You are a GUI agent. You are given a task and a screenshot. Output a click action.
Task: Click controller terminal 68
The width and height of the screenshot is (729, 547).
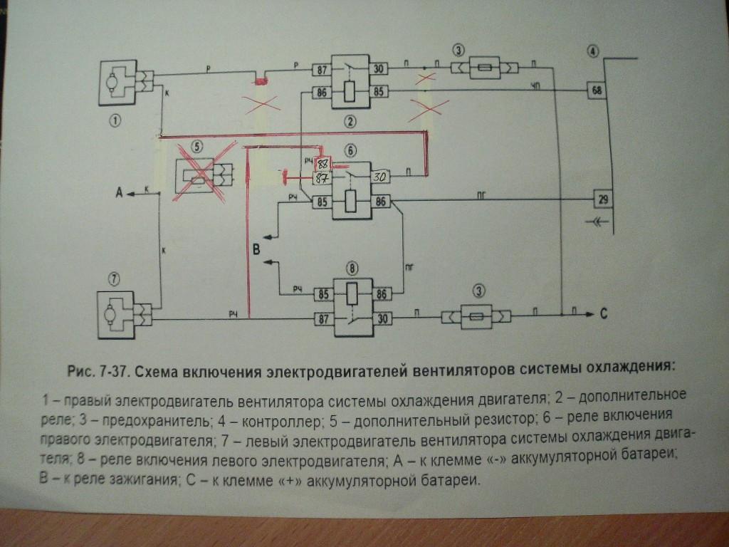click(595, 90)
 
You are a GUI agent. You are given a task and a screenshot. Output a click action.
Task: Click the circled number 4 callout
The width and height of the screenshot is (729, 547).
click(594, 51)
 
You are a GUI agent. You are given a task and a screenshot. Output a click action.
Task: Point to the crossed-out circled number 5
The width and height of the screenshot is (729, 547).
click(197, 148)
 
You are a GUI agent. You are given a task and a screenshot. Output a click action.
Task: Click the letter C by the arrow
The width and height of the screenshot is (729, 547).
click(602, 314)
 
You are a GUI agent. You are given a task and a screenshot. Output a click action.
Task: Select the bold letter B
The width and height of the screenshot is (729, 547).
click(258, 249)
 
